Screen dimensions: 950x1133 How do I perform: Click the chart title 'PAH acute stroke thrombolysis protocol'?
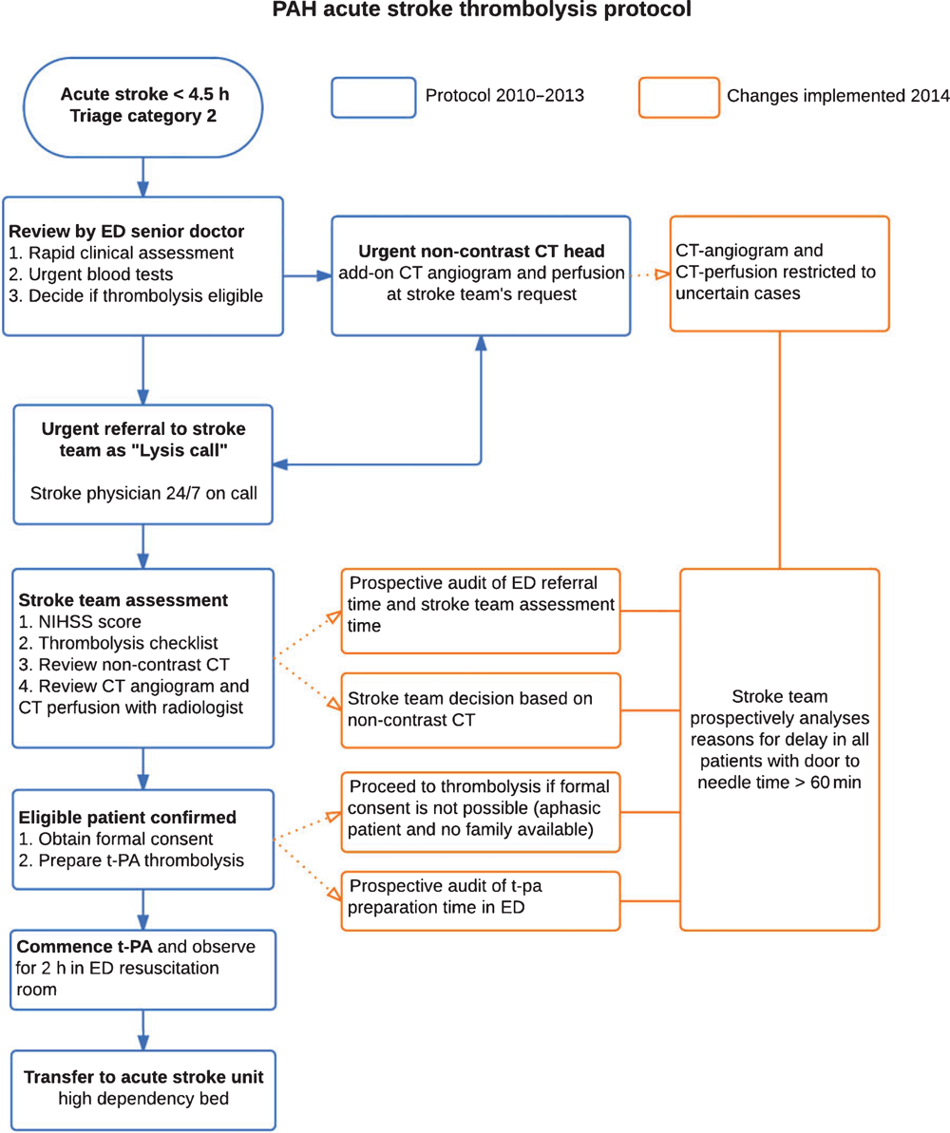pos(482,9)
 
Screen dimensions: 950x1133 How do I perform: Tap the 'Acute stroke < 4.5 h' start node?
pos(143,107)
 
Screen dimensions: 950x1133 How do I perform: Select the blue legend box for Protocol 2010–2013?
pos(373,98)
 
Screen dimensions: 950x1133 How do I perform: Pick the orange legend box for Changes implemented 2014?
pos(679,98)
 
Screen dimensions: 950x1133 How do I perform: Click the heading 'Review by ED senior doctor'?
pos(126,231)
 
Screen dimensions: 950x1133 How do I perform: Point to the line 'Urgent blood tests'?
pos(91,274)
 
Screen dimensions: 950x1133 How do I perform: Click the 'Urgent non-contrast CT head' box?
pos(481,276)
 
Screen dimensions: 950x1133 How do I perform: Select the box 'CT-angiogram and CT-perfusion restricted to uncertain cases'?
pos(779,274)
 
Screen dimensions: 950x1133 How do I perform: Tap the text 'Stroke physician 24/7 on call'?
pos(143,494)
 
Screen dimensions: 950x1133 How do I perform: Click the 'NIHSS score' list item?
pos(80,621)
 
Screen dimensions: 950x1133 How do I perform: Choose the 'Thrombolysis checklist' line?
pos(119,643)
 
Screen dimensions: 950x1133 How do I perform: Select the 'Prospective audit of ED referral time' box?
pos(481,612)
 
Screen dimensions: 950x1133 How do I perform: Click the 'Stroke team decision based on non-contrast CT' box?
pos(481,710)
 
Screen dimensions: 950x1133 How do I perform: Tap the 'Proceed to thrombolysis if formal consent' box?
pos(481,812)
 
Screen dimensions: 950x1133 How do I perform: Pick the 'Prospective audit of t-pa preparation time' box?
pos(481,901)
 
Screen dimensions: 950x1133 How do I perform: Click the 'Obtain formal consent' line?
pos(116,839)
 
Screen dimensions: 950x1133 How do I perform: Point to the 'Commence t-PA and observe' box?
pos(143,970)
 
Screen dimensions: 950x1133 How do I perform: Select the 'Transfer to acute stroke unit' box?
pos(143,1089)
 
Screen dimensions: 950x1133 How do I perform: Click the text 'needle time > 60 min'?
pos(779,783)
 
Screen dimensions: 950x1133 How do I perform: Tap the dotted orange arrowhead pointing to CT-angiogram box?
pos(662,274)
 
